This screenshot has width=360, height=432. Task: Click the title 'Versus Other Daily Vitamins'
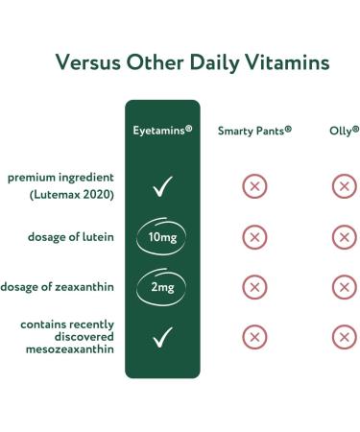point(180,63)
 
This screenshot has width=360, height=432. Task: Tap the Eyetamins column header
point(162,130)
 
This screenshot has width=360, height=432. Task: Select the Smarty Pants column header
point(254,130)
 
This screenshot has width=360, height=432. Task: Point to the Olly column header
point(342,130)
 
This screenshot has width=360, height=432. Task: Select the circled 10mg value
point(162,237)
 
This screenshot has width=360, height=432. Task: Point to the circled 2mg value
point(162,287)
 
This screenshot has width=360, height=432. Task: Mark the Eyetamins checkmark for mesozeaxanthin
point(162,337)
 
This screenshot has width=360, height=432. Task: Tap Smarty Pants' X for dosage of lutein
point(253,237)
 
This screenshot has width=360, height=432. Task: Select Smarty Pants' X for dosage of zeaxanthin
point(253,287)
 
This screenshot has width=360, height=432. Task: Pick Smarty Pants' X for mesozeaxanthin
point(253,337)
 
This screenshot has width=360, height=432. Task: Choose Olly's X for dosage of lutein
point(343,237)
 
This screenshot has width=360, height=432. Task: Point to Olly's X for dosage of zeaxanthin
point(343,287)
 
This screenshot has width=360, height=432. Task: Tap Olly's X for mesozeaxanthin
point(343,337)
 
